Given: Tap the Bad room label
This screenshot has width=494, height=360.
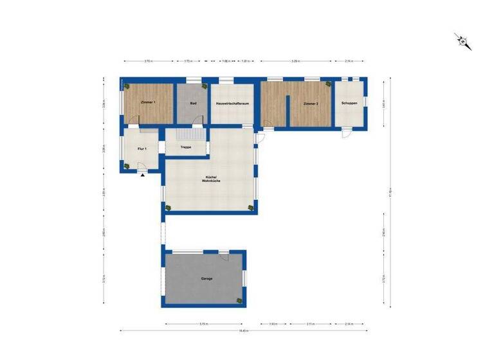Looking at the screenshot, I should point(193,103).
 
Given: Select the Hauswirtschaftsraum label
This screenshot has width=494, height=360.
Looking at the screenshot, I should point(232,103).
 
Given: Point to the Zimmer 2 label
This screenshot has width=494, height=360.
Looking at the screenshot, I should point(311,103).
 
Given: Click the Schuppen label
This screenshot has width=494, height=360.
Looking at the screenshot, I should point(349,103).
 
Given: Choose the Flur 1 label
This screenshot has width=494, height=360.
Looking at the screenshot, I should point(142,148).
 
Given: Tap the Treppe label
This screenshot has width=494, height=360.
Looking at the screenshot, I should point(186,147).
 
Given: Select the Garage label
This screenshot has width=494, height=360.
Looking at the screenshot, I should point(206,278).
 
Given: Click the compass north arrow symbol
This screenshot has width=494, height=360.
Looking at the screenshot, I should point(462,41).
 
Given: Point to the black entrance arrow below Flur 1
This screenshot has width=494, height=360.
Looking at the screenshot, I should point(142,175).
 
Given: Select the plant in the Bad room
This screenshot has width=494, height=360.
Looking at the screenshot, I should point(204,85).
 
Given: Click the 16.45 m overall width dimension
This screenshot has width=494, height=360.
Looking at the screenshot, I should point(243,331).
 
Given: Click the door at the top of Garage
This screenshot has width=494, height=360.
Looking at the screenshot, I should point(223,256).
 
